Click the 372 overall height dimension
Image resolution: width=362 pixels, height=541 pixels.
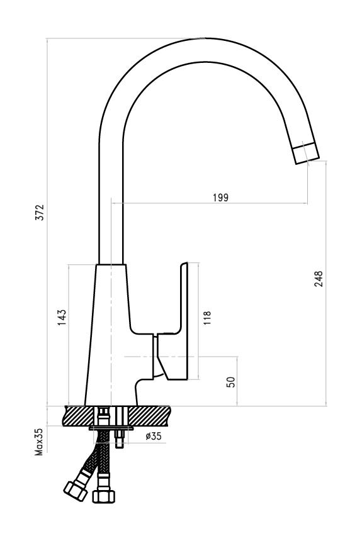(40, 212)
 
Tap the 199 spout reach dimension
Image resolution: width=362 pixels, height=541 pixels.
(221, 198)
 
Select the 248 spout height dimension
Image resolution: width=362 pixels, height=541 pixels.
(319, 279)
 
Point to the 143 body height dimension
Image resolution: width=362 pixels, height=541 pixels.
(62, 318)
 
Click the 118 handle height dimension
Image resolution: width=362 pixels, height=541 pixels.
(207, 318)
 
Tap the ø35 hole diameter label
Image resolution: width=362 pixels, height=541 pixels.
(154, 436)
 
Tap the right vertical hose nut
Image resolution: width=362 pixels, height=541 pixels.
(104, 496)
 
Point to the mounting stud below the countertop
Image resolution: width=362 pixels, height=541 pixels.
(120, 438)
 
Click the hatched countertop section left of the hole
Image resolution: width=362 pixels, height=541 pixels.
(79, 416)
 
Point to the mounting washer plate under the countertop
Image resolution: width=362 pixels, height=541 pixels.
(111, 428)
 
